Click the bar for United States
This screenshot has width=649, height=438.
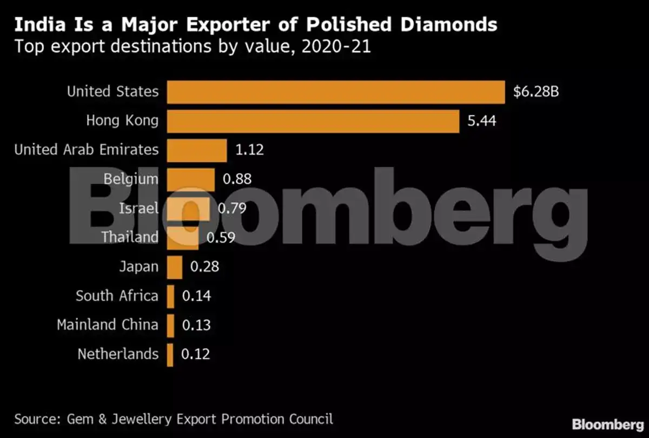click(336, 92)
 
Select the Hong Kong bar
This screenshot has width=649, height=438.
click(313, 122)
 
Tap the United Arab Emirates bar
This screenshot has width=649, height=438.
click(197, 151)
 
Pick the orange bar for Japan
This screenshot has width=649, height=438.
click(175, 267)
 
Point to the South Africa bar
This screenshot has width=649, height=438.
click(171, 297)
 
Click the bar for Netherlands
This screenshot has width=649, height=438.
click(170, 355)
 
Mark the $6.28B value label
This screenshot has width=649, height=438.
click(536, 92)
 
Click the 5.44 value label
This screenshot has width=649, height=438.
click(481, 120)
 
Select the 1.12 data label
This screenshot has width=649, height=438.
click(249, 150)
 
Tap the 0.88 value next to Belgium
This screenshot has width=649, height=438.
click(237, 179)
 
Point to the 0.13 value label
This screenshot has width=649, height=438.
click(196, 325)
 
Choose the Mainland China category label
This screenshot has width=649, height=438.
click(108, 325)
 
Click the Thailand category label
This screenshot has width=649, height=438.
click(130, 237)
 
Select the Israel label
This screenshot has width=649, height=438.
click(139, 208)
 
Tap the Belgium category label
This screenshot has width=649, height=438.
click(131, 179)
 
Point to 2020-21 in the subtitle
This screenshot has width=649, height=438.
click(336, 46)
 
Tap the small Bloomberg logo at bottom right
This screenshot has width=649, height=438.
click(608, 425)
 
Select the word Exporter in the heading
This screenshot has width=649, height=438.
click(228, 25)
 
